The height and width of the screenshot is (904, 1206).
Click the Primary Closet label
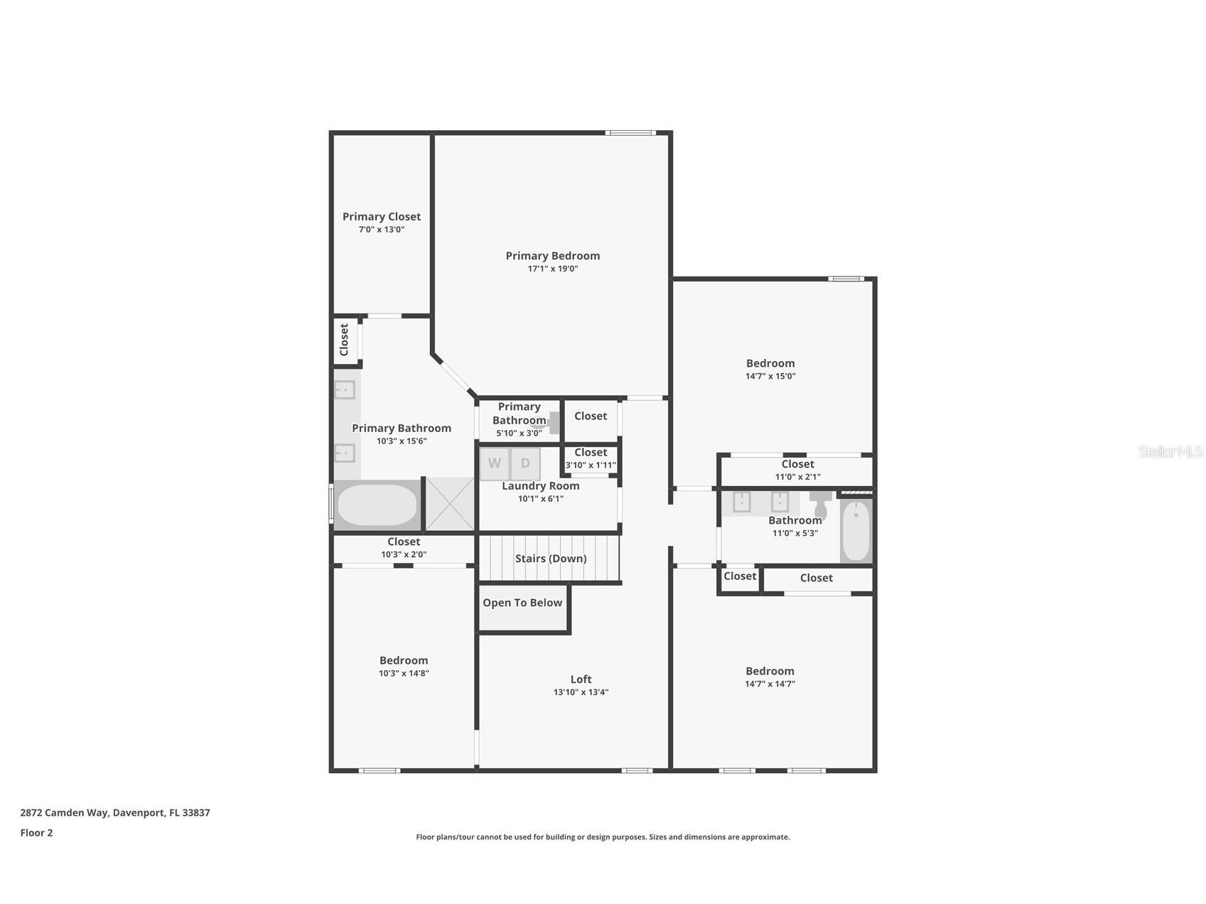click(x=382, y=217)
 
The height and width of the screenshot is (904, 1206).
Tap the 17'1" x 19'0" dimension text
click(x=552, y=269)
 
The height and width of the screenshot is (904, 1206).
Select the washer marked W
click(x=494, y=463)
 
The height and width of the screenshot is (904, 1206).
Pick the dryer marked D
click(x=525, y=463)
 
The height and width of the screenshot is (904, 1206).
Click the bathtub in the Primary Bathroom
click(x=377, y=505)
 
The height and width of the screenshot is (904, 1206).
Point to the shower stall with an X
click(x=450, y=504)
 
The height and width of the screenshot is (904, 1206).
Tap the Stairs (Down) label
click(x=551, y=559)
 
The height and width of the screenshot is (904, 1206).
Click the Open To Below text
click(x=522, y=603)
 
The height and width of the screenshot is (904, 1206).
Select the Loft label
click(x=581, y=679)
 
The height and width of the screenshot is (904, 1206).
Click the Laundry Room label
click(x=541, y=486)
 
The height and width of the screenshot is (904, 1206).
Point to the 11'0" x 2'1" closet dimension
click(x=797, y=477)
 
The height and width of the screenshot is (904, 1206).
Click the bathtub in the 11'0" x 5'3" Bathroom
click(x=856, y=531)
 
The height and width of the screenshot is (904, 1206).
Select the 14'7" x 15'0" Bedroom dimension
click(x=770, y=376)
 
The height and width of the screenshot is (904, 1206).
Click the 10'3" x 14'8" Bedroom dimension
click(x=404, y=673)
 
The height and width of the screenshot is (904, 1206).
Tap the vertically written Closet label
click(x=345, y=340)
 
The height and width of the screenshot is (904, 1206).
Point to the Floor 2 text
click(x=36, y=833)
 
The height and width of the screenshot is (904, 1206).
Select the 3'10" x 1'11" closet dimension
click(x=591, y=466)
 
